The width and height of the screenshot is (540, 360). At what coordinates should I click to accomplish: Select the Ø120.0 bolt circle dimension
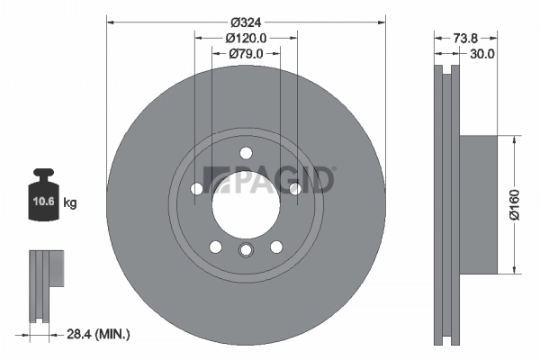(x=246, y=39)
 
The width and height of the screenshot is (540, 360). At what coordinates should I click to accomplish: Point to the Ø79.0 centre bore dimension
(x=246, y=55)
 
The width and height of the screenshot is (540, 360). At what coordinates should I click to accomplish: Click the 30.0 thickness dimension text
(x=482, y=54)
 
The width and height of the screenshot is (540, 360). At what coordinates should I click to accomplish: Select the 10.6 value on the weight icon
(x=42, y=203)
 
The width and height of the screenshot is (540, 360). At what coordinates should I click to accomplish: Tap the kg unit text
(x=69, y=203)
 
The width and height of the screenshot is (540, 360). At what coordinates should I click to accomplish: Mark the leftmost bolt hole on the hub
(x=197, y=188)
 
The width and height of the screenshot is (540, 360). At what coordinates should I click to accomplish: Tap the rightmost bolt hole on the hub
(x=294, y=188)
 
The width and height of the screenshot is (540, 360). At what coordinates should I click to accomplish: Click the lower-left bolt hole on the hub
(x=215, y=246)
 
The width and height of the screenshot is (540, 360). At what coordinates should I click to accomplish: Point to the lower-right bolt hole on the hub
(x=276, y=246)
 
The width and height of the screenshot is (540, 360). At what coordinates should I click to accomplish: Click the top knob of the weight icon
(x=42, y=174)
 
